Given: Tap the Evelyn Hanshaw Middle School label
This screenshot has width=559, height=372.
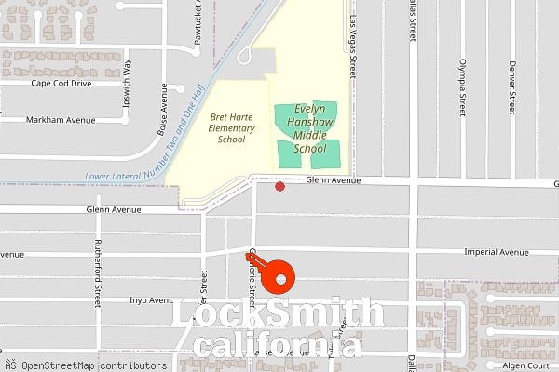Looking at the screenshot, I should pyautogui.click(x=310, y=128).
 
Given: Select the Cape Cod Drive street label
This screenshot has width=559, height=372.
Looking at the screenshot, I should pyautogui.click(x=61, y=83).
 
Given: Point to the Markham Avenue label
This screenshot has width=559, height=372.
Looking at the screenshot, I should pyautogui.click(x=61, y=120).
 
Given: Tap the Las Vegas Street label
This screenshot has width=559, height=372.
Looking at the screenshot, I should pyautogui.click(x=353, y=46).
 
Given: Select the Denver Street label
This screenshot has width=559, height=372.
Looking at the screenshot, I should pyautogui.click(x=511, y=86).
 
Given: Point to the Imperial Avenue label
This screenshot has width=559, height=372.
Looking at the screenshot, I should pyautogui.click(x=497, y=252).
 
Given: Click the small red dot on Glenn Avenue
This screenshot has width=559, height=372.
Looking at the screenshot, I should pyautogui.click(x=279, y=187).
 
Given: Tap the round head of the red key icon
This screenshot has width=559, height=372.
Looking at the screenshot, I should pyautogui.click(x=279, y=278).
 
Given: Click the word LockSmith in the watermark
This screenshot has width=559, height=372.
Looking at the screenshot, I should pyautogui.click(x=279, y=313).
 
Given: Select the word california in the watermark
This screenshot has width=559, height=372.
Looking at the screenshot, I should pyautogui.click(x=279, y=347).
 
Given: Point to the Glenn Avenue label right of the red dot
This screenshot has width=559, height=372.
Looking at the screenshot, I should pyautogui.click(x=333, y=180).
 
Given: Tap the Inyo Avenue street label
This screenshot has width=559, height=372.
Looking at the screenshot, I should pyautogui.click(x=151, y=300).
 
